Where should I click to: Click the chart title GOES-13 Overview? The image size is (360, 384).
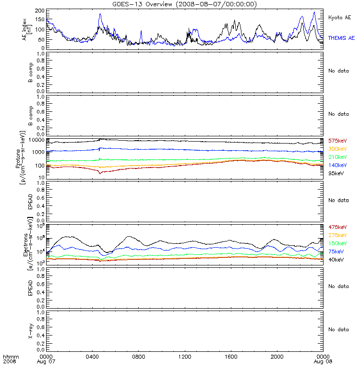coord(142,4)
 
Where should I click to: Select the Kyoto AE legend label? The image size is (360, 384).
coord(339,18)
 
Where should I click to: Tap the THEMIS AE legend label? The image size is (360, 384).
coord(341,38)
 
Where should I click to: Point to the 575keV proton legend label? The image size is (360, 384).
coord(337,141)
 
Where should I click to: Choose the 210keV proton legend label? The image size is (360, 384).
coord(337,157)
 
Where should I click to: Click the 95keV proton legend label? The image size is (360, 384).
coord(336,173)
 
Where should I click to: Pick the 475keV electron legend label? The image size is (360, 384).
coord(337,227)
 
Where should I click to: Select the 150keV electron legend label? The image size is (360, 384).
coord(337,243)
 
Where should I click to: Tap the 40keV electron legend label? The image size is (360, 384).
coord(336,260)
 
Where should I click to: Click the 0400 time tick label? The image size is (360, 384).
coord(92,357)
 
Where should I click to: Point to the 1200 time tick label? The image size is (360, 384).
coord(185,357)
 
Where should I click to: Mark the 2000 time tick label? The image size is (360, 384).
coord(277,357)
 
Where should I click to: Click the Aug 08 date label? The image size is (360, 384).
coord(323,362)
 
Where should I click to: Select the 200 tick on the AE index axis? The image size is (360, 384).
coord(40,11)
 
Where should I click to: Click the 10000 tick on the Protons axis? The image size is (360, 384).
coord(37,140)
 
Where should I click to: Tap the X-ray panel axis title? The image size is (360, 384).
coord(30,331)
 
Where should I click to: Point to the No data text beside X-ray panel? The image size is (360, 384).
coord(338,330)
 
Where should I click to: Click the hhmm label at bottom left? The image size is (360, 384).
coord(11,357)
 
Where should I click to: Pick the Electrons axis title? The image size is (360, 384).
coord(26,245)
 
